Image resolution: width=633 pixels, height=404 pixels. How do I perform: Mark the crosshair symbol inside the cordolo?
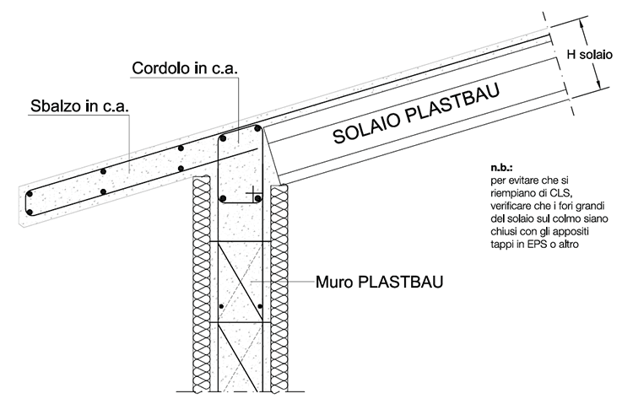pyautogui.click(x=251, y=195)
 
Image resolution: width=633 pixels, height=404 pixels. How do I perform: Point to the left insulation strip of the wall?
pyautogui.click(x=200, y=287)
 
